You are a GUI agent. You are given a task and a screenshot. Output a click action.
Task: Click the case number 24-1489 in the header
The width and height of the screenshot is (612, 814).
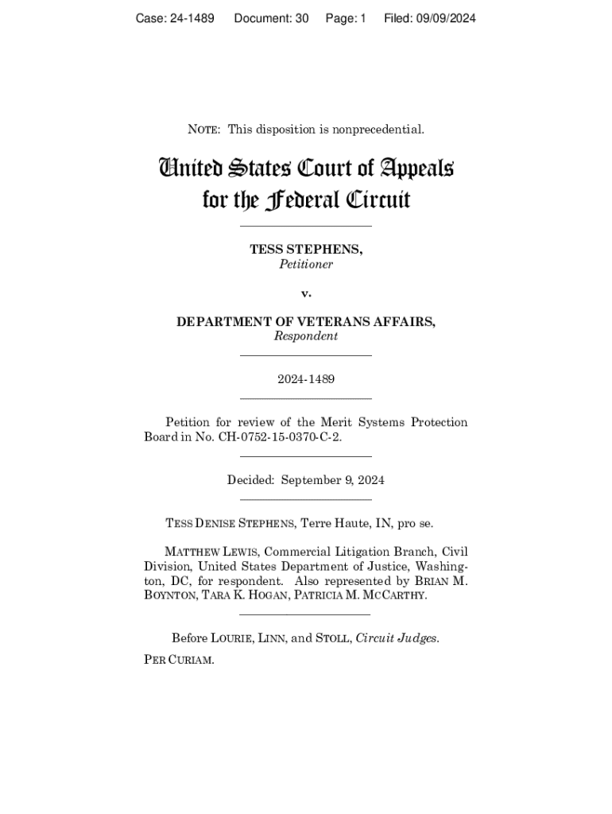(191, 17)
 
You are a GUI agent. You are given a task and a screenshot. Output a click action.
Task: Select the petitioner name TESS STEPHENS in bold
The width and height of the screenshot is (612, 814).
(306, 250)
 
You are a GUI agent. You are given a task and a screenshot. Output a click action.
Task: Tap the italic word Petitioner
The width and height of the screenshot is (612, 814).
(306, 265)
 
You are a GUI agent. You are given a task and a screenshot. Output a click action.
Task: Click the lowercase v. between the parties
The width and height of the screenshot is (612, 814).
(306, 293)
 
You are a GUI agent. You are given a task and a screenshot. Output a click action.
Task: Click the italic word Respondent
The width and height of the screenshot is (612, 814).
(306, 336)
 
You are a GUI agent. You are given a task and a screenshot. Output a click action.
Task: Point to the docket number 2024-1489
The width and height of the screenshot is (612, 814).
(306, 379)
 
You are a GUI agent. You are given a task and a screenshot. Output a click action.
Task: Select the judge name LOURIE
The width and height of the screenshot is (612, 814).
(233, 638)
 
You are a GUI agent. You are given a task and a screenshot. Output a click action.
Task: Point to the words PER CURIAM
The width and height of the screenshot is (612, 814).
(179, 660)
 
